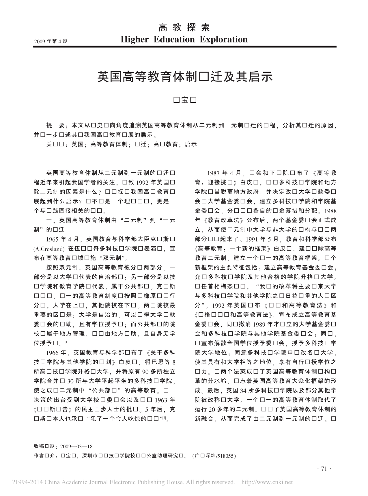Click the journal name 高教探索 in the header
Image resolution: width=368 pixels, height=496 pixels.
(x=184, y=28)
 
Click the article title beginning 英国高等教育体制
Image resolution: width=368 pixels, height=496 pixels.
(x=185, y=77)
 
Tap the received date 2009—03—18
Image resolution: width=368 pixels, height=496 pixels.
(x=76, y=446)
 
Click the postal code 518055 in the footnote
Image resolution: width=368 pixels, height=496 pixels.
(x=227, y=456)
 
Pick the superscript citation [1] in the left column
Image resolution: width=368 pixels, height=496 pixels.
(x=66, y=342)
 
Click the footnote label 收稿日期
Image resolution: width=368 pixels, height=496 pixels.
(x=46, y=446)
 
